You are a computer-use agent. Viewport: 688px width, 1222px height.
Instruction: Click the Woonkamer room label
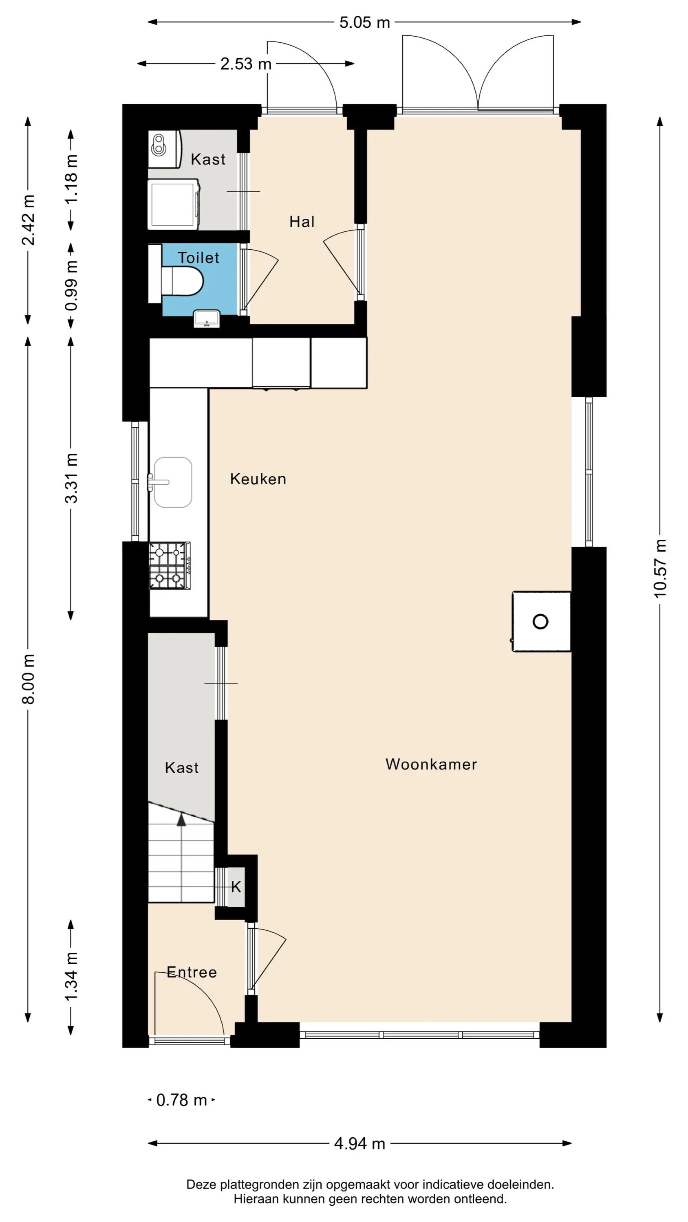431,764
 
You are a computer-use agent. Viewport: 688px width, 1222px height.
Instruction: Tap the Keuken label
258,479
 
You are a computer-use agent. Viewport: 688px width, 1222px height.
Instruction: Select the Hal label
302,222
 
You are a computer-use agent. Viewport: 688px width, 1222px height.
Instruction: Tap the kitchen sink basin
173,482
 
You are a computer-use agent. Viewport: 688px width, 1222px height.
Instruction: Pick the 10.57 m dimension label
660,568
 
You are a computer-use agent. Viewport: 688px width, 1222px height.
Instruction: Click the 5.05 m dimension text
365,22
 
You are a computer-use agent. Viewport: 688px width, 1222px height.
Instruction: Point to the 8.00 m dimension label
29,679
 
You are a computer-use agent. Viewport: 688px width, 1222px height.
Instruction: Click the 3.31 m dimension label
71,478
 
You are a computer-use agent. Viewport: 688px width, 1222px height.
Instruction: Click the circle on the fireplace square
540,622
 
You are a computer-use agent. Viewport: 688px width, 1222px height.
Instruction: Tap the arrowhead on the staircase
181,819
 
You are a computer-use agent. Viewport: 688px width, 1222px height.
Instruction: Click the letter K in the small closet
236,887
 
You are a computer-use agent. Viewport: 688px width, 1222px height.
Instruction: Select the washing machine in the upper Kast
173,204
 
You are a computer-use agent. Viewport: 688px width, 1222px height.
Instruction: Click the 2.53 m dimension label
246,64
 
